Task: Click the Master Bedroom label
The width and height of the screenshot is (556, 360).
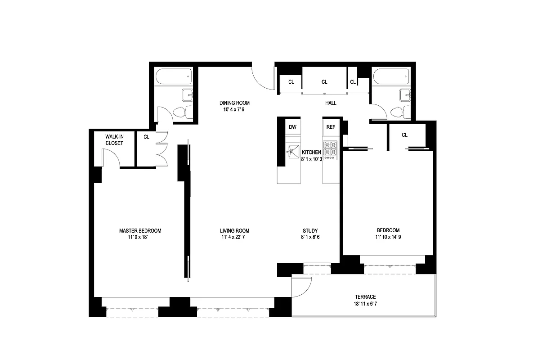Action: (140, 231)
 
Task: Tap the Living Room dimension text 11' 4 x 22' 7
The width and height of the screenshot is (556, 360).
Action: (233, 237)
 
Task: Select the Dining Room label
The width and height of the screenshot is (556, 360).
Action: (234, 103)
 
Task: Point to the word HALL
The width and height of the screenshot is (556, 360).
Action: (331, 103)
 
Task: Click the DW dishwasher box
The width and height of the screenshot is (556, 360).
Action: (293, 127)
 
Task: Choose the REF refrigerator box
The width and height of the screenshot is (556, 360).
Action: (331, 127)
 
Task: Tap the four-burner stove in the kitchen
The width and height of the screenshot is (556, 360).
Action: (330, 150)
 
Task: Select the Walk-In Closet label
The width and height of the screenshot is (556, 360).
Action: (114, 140)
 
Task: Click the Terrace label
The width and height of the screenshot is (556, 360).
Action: (365, 297)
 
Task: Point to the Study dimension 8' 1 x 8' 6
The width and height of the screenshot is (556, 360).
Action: (310, 237)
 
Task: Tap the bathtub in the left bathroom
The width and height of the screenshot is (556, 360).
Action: (174, 76)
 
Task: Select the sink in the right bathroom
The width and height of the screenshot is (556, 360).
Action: (405, 95)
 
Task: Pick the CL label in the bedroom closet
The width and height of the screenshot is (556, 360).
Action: (404, 135)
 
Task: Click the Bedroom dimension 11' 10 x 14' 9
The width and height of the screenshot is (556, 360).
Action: (388, 237)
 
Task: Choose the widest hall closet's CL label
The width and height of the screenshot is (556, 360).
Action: (324, 82)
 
